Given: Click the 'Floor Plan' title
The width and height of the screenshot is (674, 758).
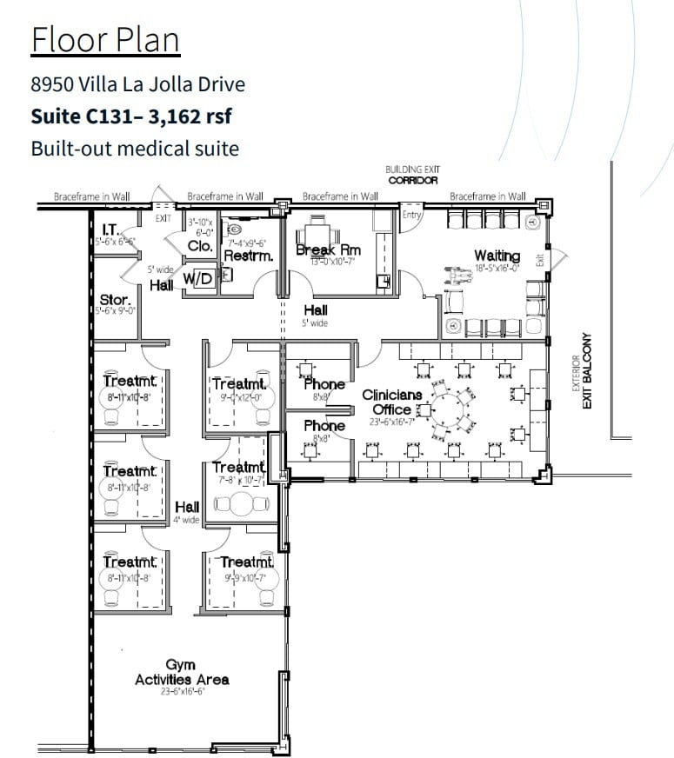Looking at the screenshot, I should [105, 40].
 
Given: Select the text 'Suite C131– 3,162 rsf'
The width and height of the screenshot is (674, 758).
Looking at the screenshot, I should [131, 116].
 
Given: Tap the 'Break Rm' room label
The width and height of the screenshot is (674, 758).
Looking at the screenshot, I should [328, 250].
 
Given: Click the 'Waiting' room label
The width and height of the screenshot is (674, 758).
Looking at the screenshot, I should [497, 256].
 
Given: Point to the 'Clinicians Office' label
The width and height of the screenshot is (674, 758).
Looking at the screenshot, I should [392, 402].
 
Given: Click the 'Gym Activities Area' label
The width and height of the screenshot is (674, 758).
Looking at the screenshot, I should [182, 672].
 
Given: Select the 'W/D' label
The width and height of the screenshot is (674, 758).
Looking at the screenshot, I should [197, 278].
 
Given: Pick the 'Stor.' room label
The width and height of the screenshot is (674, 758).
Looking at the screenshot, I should [114, 300].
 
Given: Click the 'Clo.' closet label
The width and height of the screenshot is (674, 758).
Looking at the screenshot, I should [200, 246].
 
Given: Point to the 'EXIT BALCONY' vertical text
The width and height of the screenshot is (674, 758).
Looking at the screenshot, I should [589, 373].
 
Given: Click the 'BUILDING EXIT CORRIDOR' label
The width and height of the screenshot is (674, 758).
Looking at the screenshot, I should [413, 175].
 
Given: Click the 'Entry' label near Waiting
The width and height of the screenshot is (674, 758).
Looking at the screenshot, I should [411, 214].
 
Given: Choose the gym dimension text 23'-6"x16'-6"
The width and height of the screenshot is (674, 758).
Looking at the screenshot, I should [181, 694].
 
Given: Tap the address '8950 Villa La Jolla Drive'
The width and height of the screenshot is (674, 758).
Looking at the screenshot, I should [137, 84].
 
